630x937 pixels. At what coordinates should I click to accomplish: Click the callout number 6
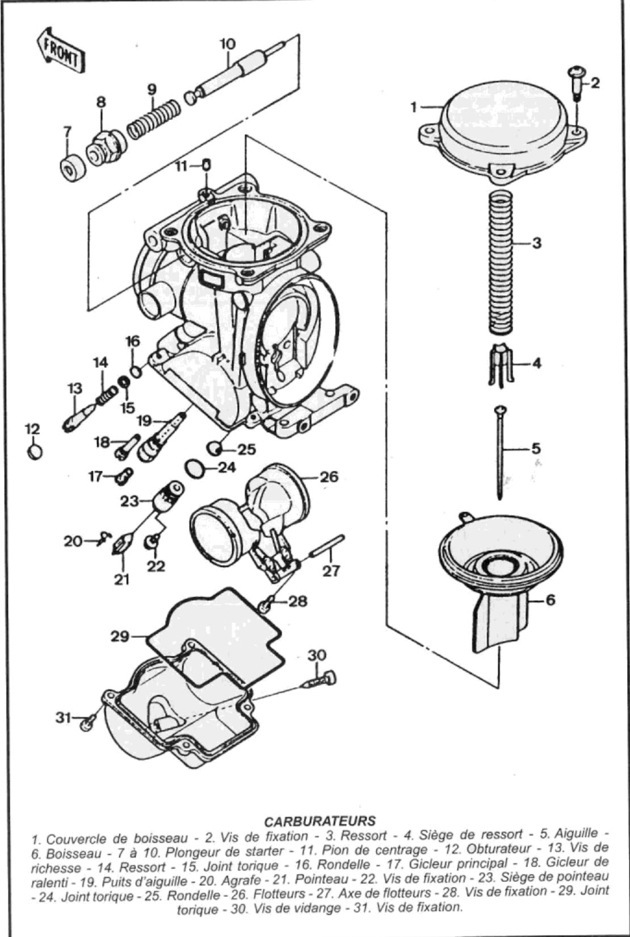pos(550,600)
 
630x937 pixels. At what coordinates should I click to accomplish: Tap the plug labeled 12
pos(34,452)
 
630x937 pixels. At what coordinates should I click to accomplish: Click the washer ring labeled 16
pos(136,371)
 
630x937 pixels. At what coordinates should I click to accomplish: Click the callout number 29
pos(120,637)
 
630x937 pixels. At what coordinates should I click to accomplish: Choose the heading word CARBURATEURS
pos(320,821)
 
